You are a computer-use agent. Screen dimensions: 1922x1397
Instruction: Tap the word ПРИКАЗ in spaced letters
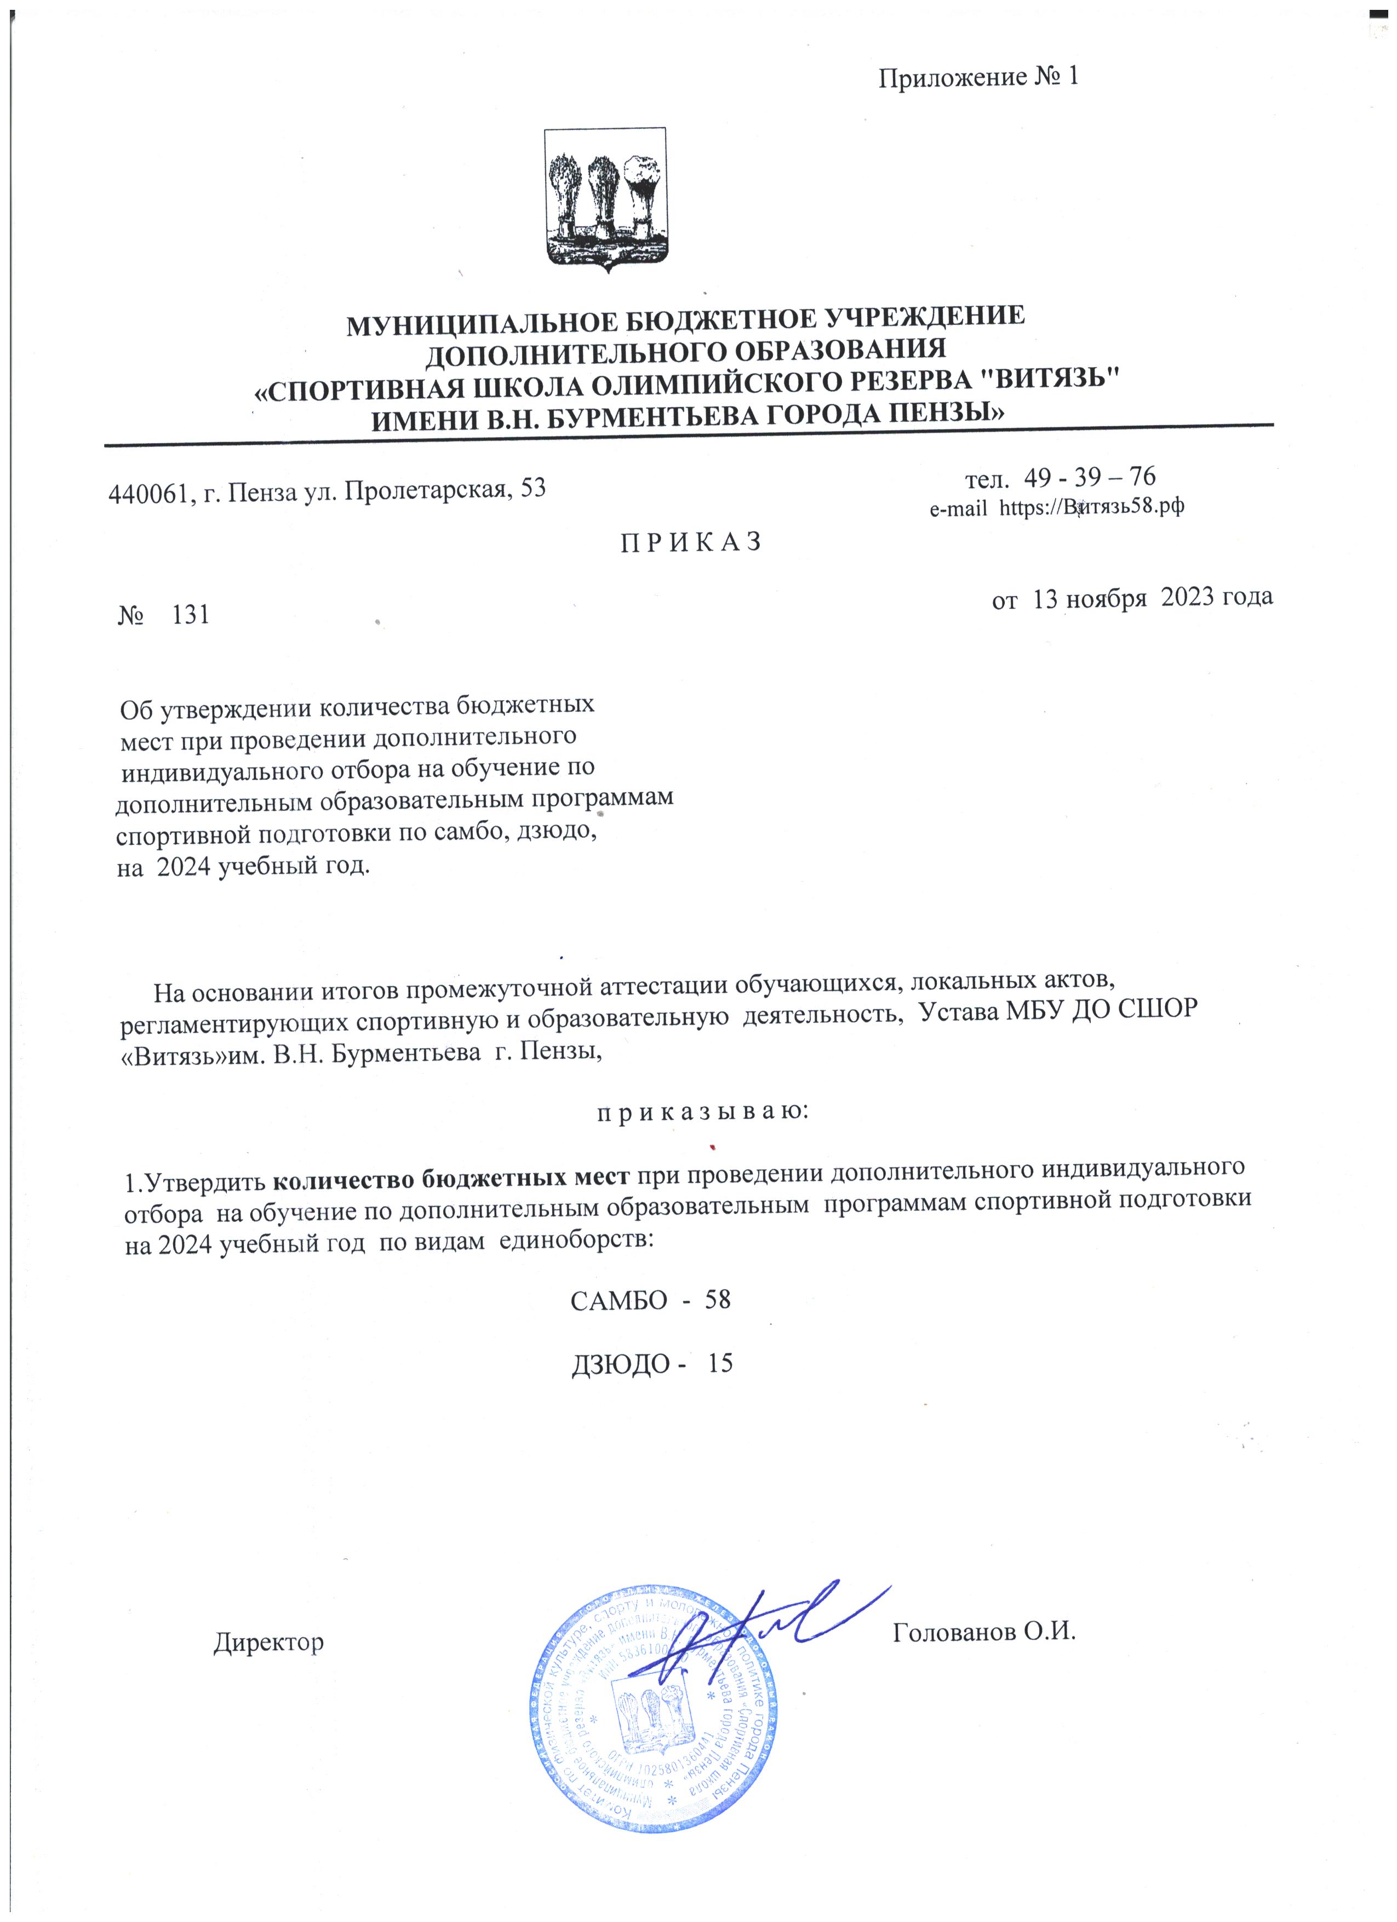click(692, 542)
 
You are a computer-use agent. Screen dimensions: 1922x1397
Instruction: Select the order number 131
click(191, 615)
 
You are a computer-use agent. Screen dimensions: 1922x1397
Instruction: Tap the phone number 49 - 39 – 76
click(1090, 477)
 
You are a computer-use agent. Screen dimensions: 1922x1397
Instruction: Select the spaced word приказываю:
click(691, 1111)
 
